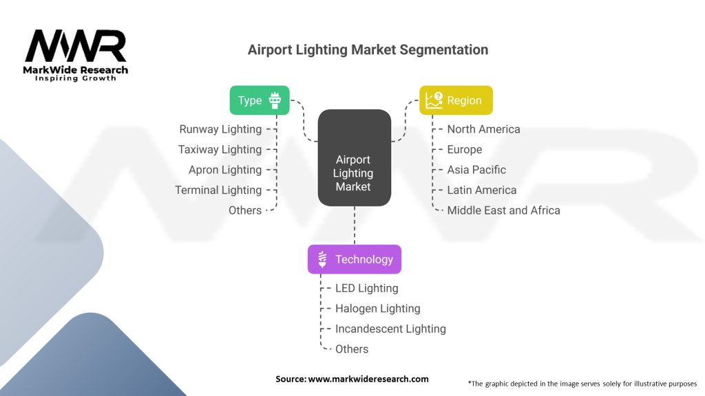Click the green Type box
pyautogui.click(x=260, y=100)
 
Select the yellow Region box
pyautogui.click(x=456, y=100)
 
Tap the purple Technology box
pyautogui.click(x=355, y=259)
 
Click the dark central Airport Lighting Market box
pyautogui.click(x=355, y=157)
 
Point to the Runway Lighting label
pyautogui.click(x=220, y=129)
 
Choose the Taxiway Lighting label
pyautogui.click(x=220, y=149)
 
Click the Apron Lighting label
pyautogui.click(x=225, y=170)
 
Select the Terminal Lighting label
pyautogui.click(x=218, y=190)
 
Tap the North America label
pyautogui.click(x=483, y=129)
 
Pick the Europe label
pyautogui.click(x=465, y=149)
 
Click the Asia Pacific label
pyautogui.click(x=476, y=170)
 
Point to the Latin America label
pyautogui.click(x=481, y=190)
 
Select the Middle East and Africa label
pyautogui.click(x=503, y=210)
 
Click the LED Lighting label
pyautogui.click(x=366, y=288)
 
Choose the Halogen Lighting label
pyautogui.click(x=378, y=309)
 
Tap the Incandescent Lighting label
pyautogui.click(x=390, y=329)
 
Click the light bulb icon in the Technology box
pyautogui.click(x=322, y=259)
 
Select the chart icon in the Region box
pyautogui.click(x=434, y=100)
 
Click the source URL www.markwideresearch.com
pyautogui.click(x=368, y=379)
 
